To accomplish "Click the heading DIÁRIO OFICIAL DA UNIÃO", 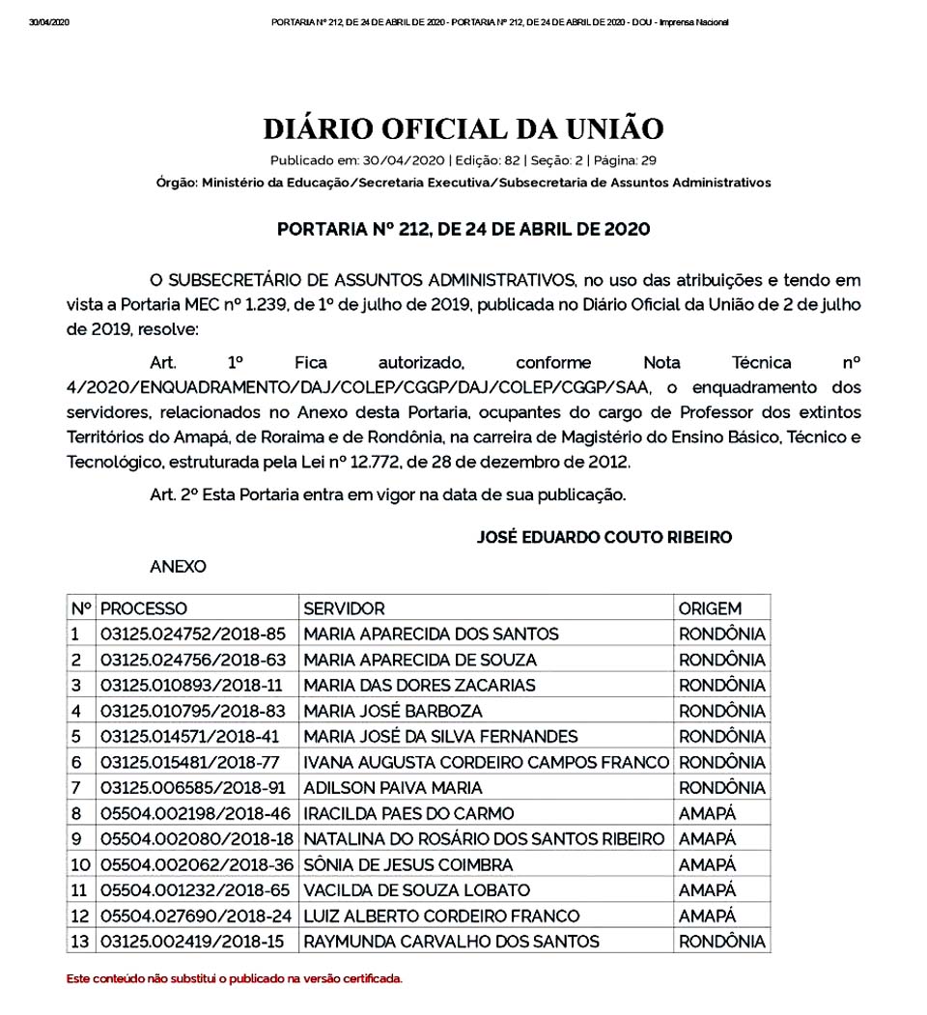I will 463,128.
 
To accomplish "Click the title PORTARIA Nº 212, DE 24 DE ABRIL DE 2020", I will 463,230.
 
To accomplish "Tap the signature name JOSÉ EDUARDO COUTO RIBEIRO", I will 604,538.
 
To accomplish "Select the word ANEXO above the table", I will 178,567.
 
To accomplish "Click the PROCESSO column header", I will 144,608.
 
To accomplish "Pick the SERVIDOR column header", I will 344,608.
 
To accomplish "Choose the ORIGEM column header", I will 710,608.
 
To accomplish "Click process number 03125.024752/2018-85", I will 193,634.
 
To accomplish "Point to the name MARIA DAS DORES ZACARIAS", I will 419,686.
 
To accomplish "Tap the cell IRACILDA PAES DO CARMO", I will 408,813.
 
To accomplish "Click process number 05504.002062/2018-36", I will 196,864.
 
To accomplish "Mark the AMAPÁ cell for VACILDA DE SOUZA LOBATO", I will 707,890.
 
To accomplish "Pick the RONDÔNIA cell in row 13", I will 722,942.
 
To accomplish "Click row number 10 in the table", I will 80,864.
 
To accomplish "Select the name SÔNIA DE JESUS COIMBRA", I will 408,864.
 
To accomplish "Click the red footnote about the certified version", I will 234,978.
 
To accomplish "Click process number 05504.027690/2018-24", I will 196,916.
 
